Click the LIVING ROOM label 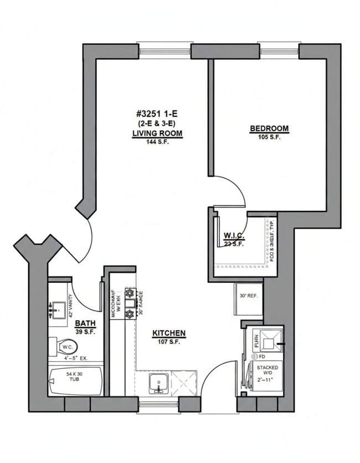[x=157, y=133]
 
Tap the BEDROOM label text [x=269, y=128]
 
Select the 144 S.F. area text [x=157, y=142]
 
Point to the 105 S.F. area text [x=269, y=137]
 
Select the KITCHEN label [x=169, y=333]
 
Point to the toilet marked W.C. [x=66, y=347]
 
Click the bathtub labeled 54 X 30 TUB [x=75, y=382]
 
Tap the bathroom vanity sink [x=58, y=308]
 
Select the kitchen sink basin [x=158, y=382]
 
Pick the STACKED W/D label [x=268, y=371]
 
